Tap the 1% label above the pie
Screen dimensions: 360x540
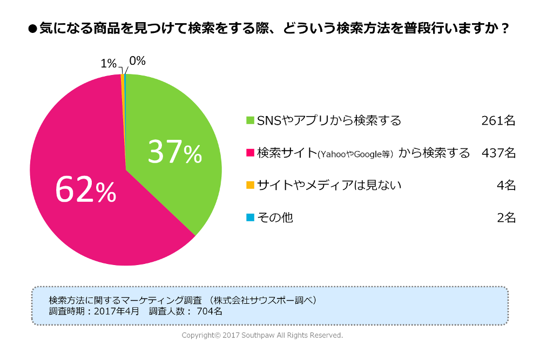(109, 64)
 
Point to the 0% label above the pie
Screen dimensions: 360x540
(137, 61)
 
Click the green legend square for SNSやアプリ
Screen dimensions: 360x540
(250, 120)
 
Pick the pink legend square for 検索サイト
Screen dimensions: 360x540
(250, 153)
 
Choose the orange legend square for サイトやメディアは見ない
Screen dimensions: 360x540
(250, 185)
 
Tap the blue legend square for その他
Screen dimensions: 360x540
(250, 218)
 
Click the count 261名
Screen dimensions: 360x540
(498, 120)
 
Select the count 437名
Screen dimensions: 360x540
(498, 153)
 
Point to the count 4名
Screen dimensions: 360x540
(506, 185)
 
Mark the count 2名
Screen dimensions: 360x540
(506, 218)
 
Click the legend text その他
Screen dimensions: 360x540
(275, 218)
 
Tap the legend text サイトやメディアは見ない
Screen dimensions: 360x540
(329, 185)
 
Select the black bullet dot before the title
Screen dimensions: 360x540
(32, 29)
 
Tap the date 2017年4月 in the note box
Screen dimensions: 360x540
(117, 311)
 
